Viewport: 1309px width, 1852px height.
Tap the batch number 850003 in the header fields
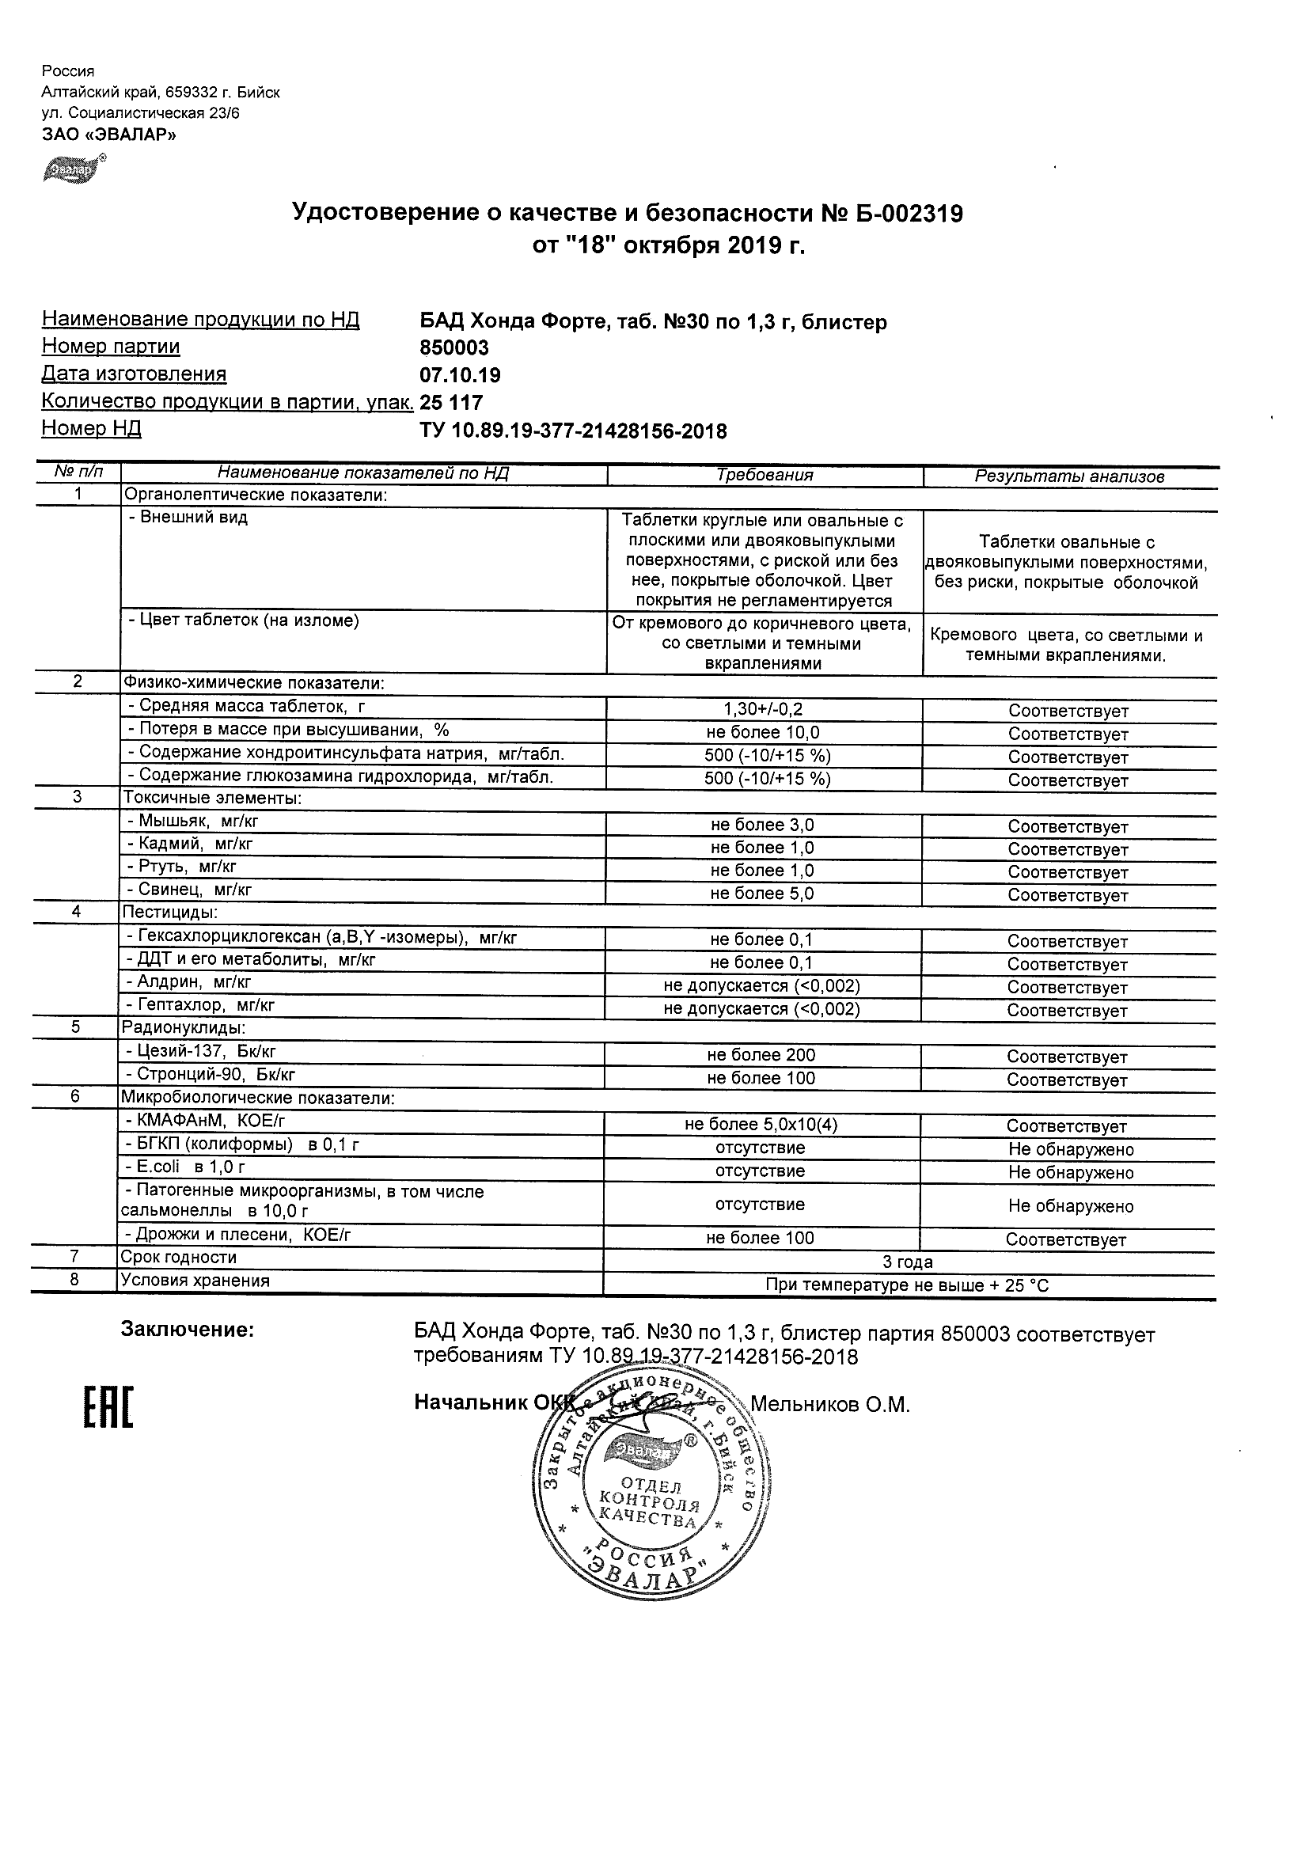(x=454, y=347)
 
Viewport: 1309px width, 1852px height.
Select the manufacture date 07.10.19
(x=460, y=375)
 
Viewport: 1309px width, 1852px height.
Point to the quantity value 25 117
(x=452, y=403)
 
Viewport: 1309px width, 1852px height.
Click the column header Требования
(x=765, y=476)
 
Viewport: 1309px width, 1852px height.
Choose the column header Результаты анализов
(x=1069, y=476)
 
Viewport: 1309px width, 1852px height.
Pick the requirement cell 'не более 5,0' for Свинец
(x=762, y=894)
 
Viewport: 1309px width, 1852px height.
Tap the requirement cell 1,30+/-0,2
(x=764, y=710)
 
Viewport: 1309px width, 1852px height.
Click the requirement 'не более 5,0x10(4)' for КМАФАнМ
(x=761, y=1125)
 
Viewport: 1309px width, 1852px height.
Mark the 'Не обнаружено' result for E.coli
(x=1070, y=1173)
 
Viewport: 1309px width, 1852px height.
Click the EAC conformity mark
(x=108, y=1407)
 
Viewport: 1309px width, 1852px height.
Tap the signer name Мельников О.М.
(x=830, y=1405)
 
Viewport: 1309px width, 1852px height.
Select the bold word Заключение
(x=187, y=1330)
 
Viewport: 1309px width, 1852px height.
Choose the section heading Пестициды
(x=169, y=913)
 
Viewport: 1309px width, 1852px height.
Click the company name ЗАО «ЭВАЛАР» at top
(x=109, y=135)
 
